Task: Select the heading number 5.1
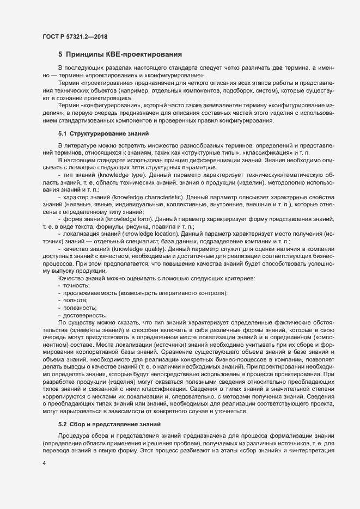tap(63, 133)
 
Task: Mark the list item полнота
tap(75, 301)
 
